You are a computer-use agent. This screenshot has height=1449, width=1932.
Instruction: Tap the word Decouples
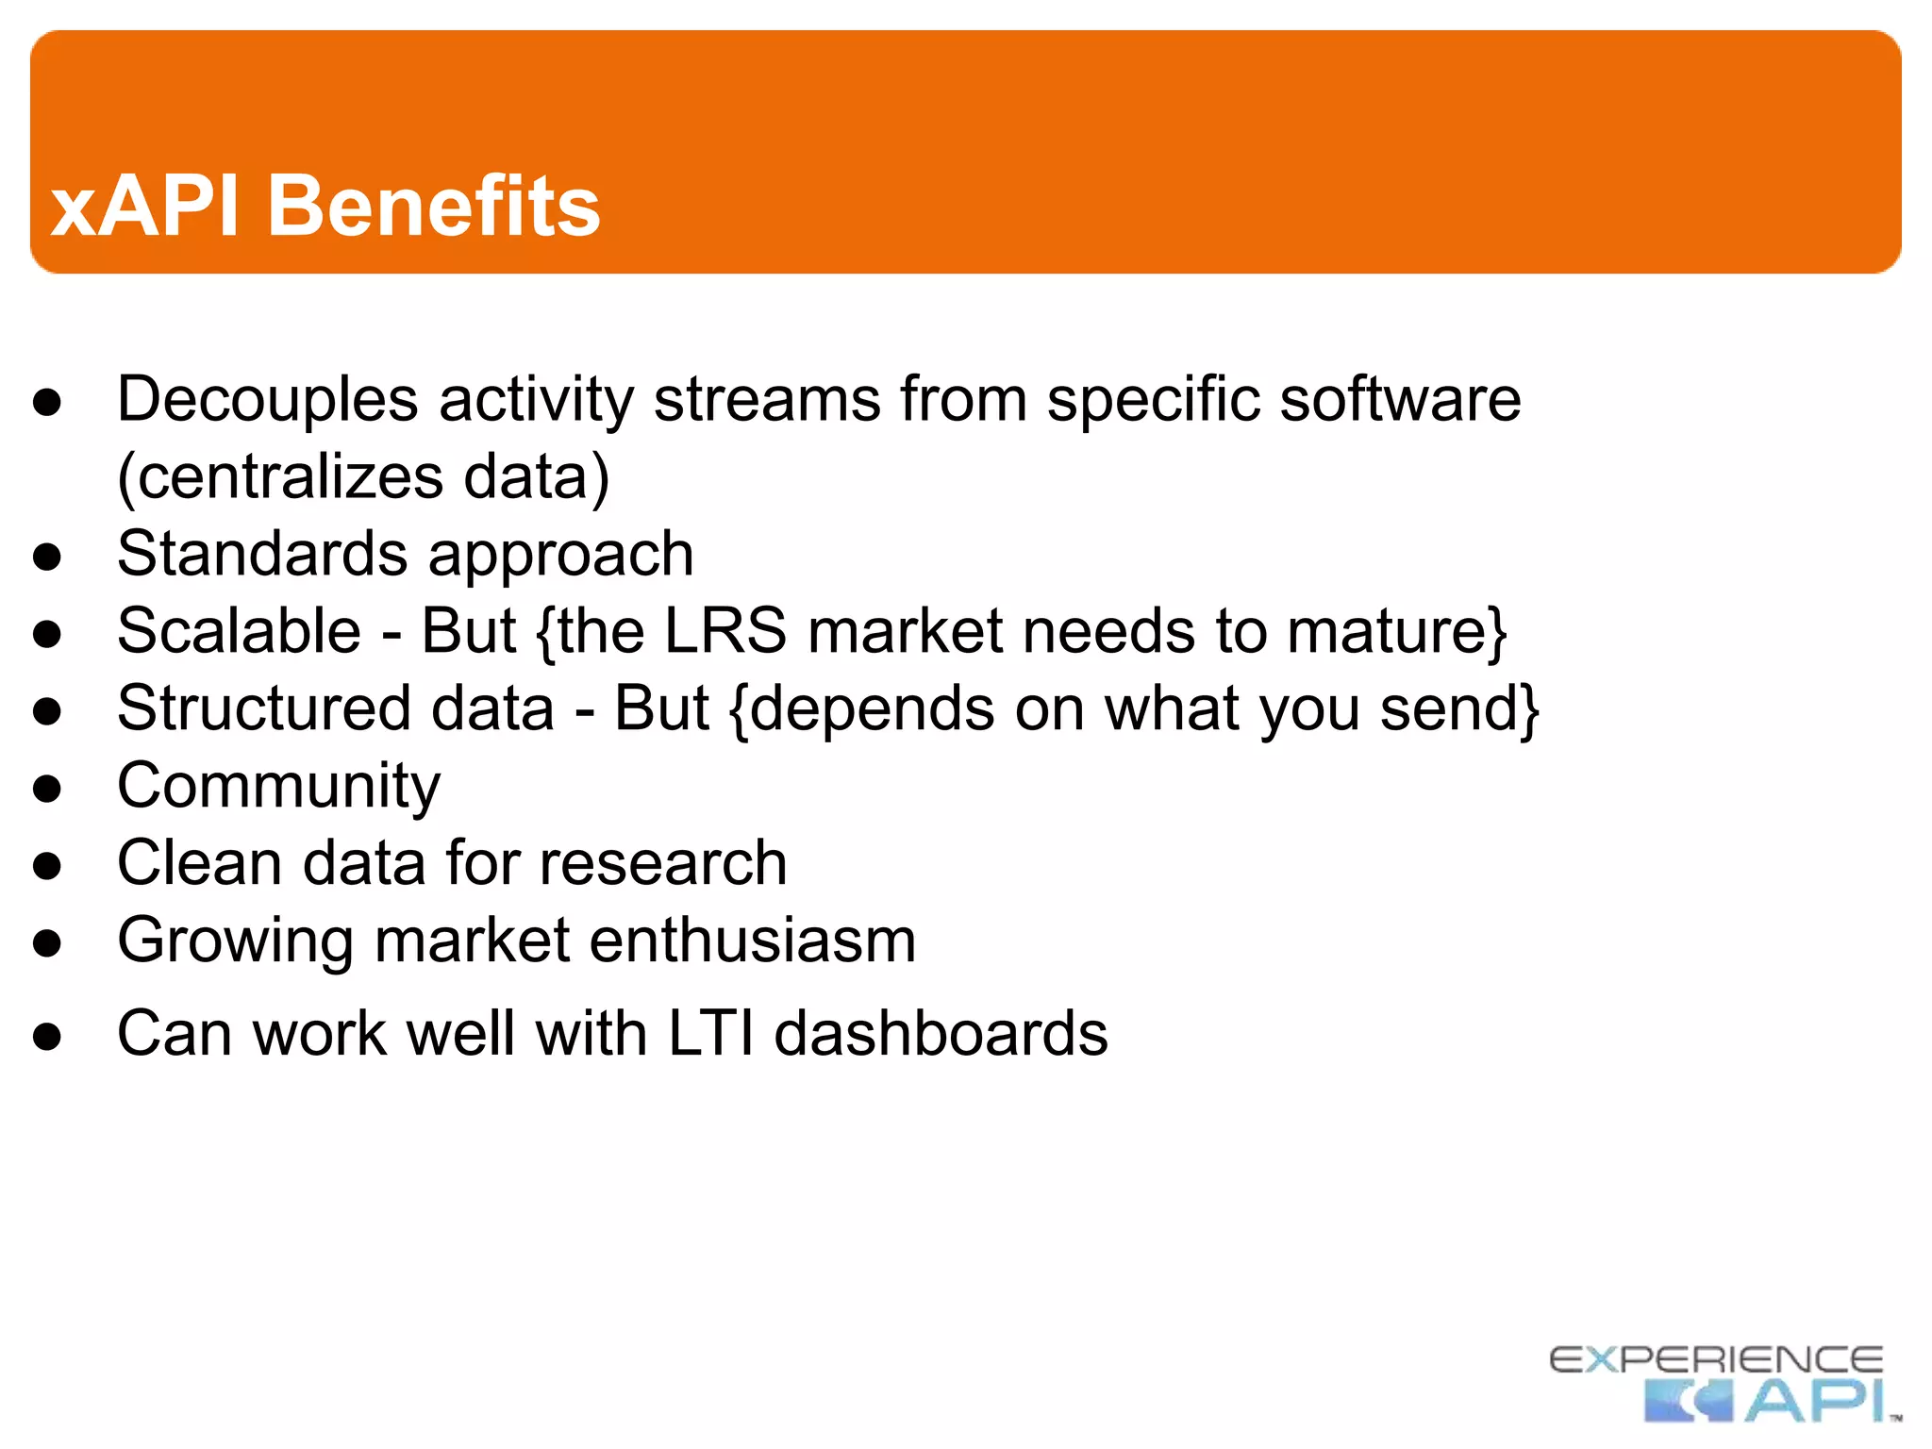coord(267,400)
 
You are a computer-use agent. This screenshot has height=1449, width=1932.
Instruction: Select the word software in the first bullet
coord(1400,400)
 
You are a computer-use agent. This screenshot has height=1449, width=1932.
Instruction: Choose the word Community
coord(278,786)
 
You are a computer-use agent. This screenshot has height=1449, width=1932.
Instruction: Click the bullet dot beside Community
coord(47,789)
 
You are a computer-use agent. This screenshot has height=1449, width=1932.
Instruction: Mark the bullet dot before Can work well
coord(47,1037)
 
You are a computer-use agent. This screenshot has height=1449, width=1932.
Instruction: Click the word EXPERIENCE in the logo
coord(1716,1359)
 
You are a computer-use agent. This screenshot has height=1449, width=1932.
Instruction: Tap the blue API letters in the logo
coord(1815,1401)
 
